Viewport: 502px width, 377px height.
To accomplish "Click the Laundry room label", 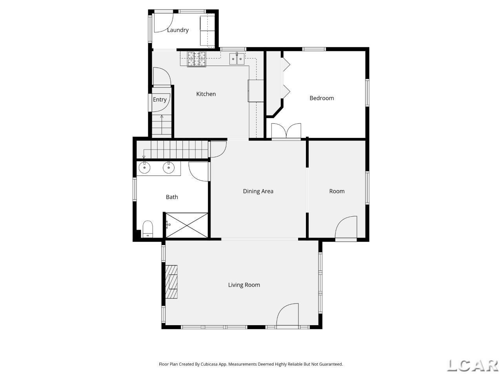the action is point(178,30).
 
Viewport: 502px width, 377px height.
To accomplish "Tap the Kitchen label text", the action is point(206,94).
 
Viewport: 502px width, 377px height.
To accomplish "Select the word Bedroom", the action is point(322,98).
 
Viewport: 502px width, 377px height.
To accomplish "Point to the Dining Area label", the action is point(258,191).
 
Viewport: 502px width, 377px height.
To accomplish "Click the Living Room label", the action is point(244,285).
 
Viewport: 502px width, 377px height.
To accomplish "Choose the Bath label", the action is point(172,197).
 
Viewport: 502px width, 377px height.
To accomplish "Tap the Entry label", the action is point(160,100).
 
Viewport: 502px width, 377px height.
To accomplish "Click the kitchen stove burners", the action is point(197,59).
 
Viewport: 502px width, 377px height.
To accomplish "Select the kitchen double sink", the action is point(237,59).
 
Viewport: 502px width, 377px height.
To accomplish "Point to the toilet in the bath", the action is point(147,229).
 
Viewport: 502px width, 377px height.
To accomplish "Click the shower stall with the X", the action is point(187,225).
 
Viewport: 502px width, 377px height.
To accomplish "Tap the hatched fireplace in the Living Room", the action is point(171,282).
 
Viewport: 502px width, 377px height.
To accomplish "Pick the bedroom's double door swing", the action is point(286,131).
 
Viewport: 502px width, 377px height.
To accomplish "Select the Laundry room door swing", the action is point(164,23).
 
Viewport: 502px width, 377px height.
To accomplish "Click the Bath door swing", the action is point(198,172).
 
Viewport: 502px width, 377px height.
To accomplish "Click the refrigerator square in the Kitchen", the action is point(256,91).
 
